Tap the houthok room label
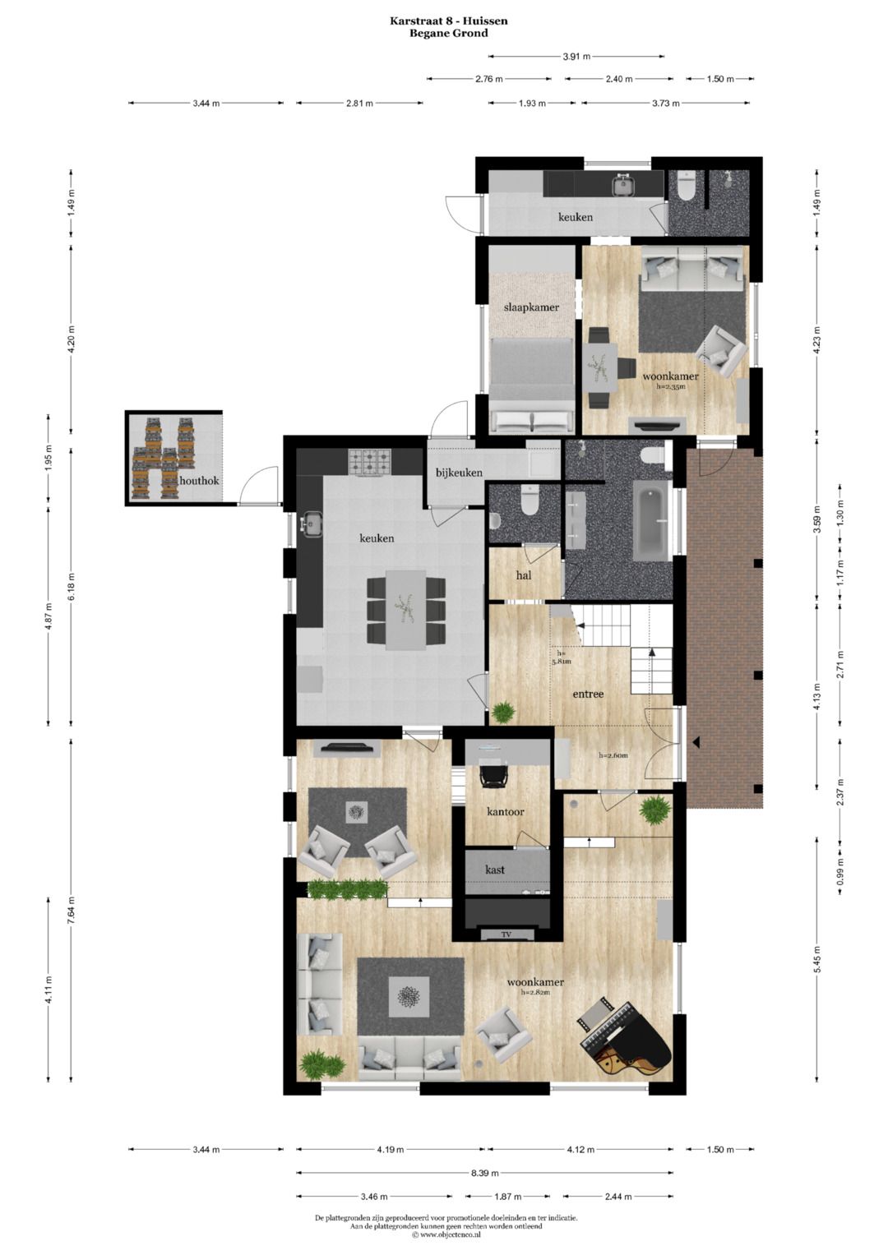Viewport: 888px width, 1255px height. point(199,480)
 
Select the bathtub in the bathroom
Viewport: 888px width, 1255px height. point(651,521)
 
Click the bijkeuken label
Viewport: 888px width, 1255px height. point(459,473)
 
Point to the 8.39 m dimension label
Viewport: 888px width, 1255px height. point(485,1173)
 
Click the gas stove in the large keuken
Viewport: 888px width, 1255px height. point(371,462)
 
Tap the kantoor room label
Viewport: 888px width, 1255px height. point(505,812)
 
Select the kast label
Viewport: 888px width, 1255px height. point(495,870)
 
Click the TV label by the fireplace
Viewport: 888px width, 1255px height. point(506,934)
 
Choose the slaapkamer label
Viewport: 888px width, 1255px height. point(531,307)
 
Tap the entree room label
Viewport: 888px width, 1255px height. point(588,694)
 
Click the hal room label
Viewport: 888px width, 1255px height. point(524,575)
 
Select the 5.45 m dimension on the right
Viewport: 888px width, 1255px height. point(817,958)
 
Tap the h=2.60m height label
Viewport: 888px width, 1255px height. point(613,755)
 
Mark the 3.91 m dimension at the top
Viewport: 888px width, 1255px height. point(576,57)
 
